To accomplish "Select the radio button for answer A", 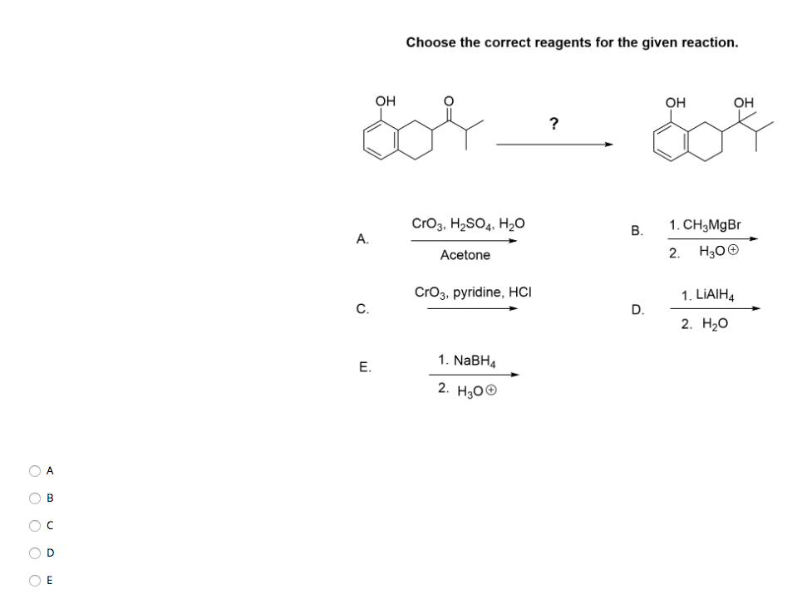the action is [x=35, y=471].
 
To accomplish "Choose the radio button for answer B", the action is [x=35, y=498].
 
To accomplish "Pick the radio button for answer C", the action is [x=35, y=526].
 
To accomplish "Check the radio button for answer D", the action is [x=35, y=552].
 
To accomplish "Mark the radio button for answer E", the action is [x=35, y=580].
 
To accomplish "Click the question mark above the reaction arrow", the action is [x=553, y=125].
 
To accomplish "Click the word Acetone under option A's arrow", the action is [x=465, y=255].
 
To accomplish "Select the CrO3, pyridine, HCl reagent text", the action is [x=472, y=292].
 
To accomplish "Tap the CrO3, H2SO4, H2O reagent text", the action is [x=468, y=223].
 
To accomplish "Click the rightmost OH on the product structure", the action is [x=744, y=102].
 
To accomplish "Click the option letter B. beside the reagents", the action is [x=637, y=231].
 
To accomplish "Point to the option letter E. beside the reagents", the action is [x=363, y=366].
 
